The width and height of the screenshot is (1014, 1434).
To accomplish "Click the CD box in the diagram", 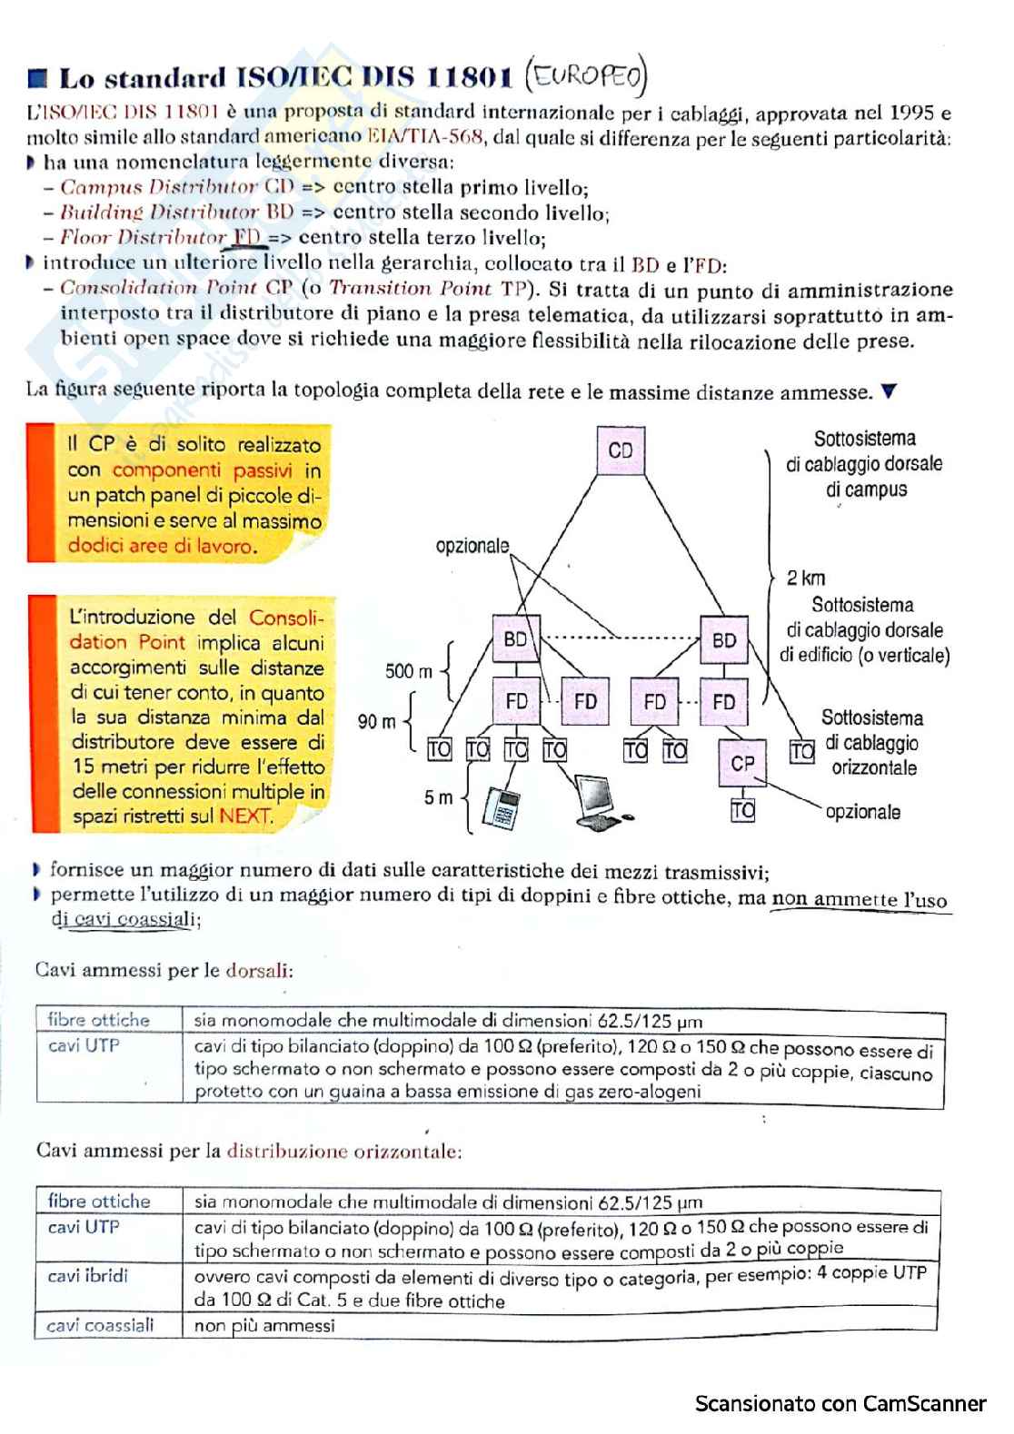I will click(x=621, y=450).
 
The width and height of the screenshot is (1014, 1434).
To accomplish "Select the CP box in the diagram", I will click(x=742, y=763).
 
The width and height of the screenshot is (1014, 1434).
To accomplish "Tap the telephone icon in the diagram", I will click(x=500, y=806).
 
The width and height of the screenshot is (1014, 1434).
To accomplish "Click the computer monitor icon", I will click(x=601, y=796).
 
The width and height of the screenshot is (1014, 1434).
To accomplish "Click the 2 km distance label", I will click(x=806, y=578).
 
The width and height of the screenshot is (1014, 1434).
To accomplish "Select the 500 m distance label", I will click(x=409, y=671).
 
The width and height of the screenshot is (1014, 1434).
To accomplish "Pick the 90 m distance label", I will click(x=376, y=722).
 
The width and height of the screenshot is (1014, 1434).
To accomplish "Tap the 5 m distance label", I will click(x=438, y=797).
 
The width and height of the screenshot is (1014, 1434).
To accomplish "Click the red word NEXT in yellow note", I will click(x=245, y=816).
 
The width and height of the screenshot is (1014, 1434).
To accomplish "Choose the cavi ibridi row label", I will click(x=88, y=1276).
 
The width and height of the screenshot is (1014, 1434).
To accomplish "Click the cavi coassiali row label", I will click(x=101, y=1325).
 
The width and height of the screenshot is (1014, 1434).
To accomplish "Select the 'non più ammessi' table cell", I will click(x=264, y=1326).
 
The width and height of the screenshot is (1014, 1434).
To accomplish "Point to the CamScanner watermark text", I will click(x=840, y=1404).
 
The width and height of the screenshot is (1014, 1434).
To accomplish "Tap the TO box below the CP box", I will click(x=743, y=809).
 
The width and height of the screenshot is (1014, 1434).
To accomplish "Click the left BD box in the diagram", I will click(x=515, y=639).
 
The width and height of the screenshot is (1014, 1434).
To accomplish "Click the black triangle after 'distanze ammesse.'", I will click(x=890, y=391).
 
